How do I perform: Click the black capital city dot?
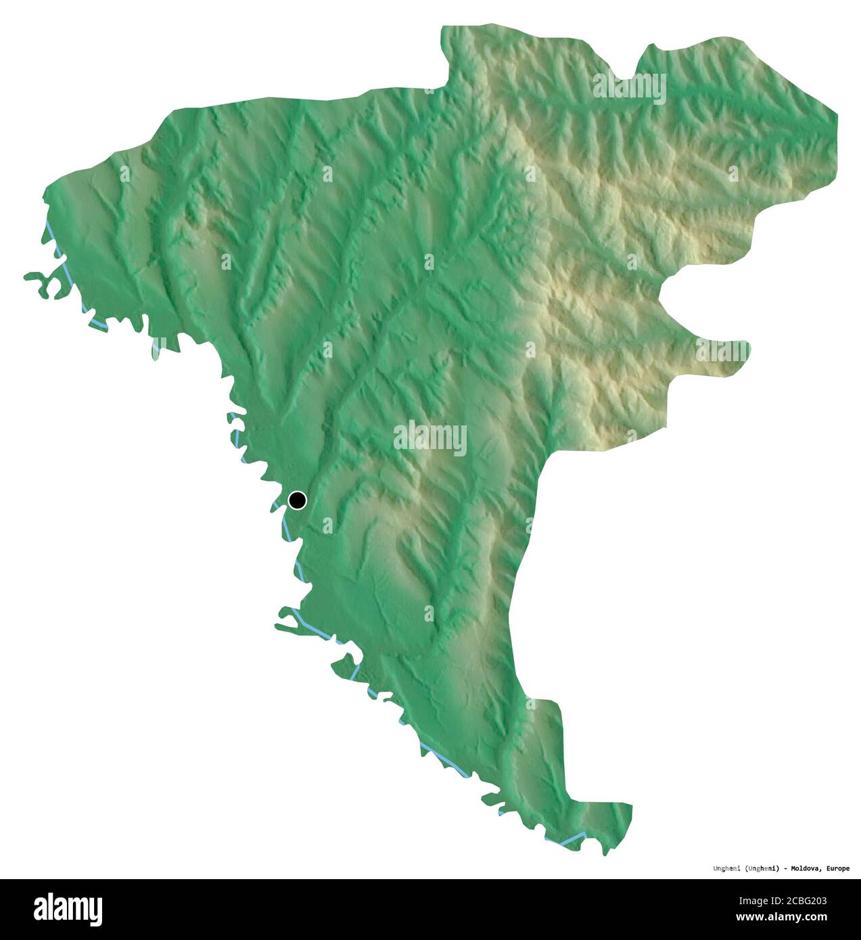tap(297, 500)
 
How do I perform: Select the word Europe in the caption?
tap(836, 868)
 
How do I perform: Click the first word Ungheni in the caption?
tap(728, 868)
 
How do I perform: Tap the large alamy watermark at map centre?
tap(430, 438)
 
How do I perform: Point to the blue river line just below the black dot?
tap(287, 525)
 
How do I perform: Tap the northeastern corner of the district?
tap(836, 115)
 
